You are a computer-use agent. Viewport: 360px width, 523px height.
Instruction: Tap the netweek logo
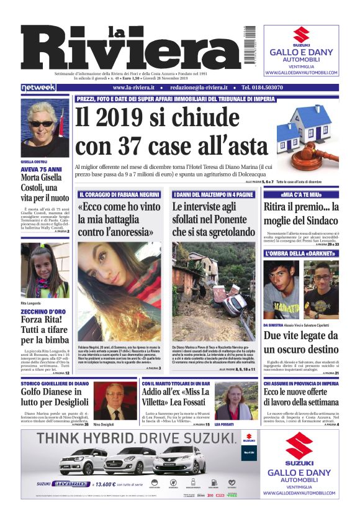pyautogui.click(x=38, y=88)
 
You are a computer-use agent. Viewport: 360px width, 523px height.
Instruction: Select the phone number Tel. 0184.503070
pyautogui.click(x=271, y=88)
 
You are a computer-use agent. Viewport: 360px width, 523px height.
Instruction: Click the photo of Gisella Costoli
pyautogui.click(x=45, y=127)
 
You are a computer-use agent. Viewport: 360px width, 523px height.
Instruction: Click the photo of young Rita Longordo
pyautogui.click(x=45, y=270)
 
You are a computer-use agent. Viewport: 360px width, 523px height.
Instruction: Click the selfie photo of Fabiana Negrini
pyautogui.click(x=119, y=290)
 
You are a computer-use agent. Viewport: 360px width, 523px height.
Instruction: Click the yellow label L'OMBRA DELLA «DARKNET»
pyautogui.click(x=300, y=253)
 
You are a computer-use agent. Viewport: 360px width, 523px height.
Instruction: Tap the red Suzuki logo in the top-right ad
pyautogui.click(x=301, y=35)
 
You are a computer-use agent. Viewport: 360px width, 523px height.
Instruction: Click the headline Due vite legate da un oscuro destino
pyautogui.click(x=300, y=342)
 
